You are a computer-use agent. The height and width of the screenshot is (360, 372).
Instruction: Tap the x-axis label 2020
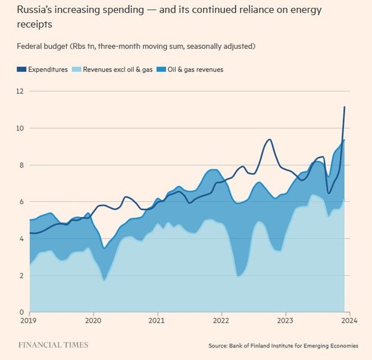(x=93, y=320)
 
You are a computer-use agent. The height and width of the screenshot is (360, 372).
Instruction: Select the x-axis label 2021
(x=157, y=320)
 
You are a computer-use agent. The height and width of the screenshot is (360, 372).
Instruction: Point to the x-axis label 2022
(x=222, y=320)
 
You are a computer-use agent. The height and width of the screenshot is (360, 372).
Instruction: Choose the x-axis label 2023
(x=286, y=320)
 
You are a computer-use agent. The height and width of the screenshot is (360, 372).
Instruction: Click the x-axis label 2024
(x=349, y=320)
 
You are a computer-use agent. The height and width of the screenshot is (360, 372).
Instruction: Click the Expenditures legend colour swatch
(x=21, y=70)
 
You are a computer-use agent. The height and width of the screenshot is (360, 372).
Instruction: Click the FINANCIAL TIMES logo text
(x=52, y=345)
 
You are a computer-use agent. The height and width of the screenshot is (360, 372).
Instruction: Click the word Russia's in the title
(x=37, y=10)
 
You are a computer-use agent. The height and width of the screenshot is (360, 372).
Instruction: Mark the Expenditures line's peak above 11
(x=344, y=107)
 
